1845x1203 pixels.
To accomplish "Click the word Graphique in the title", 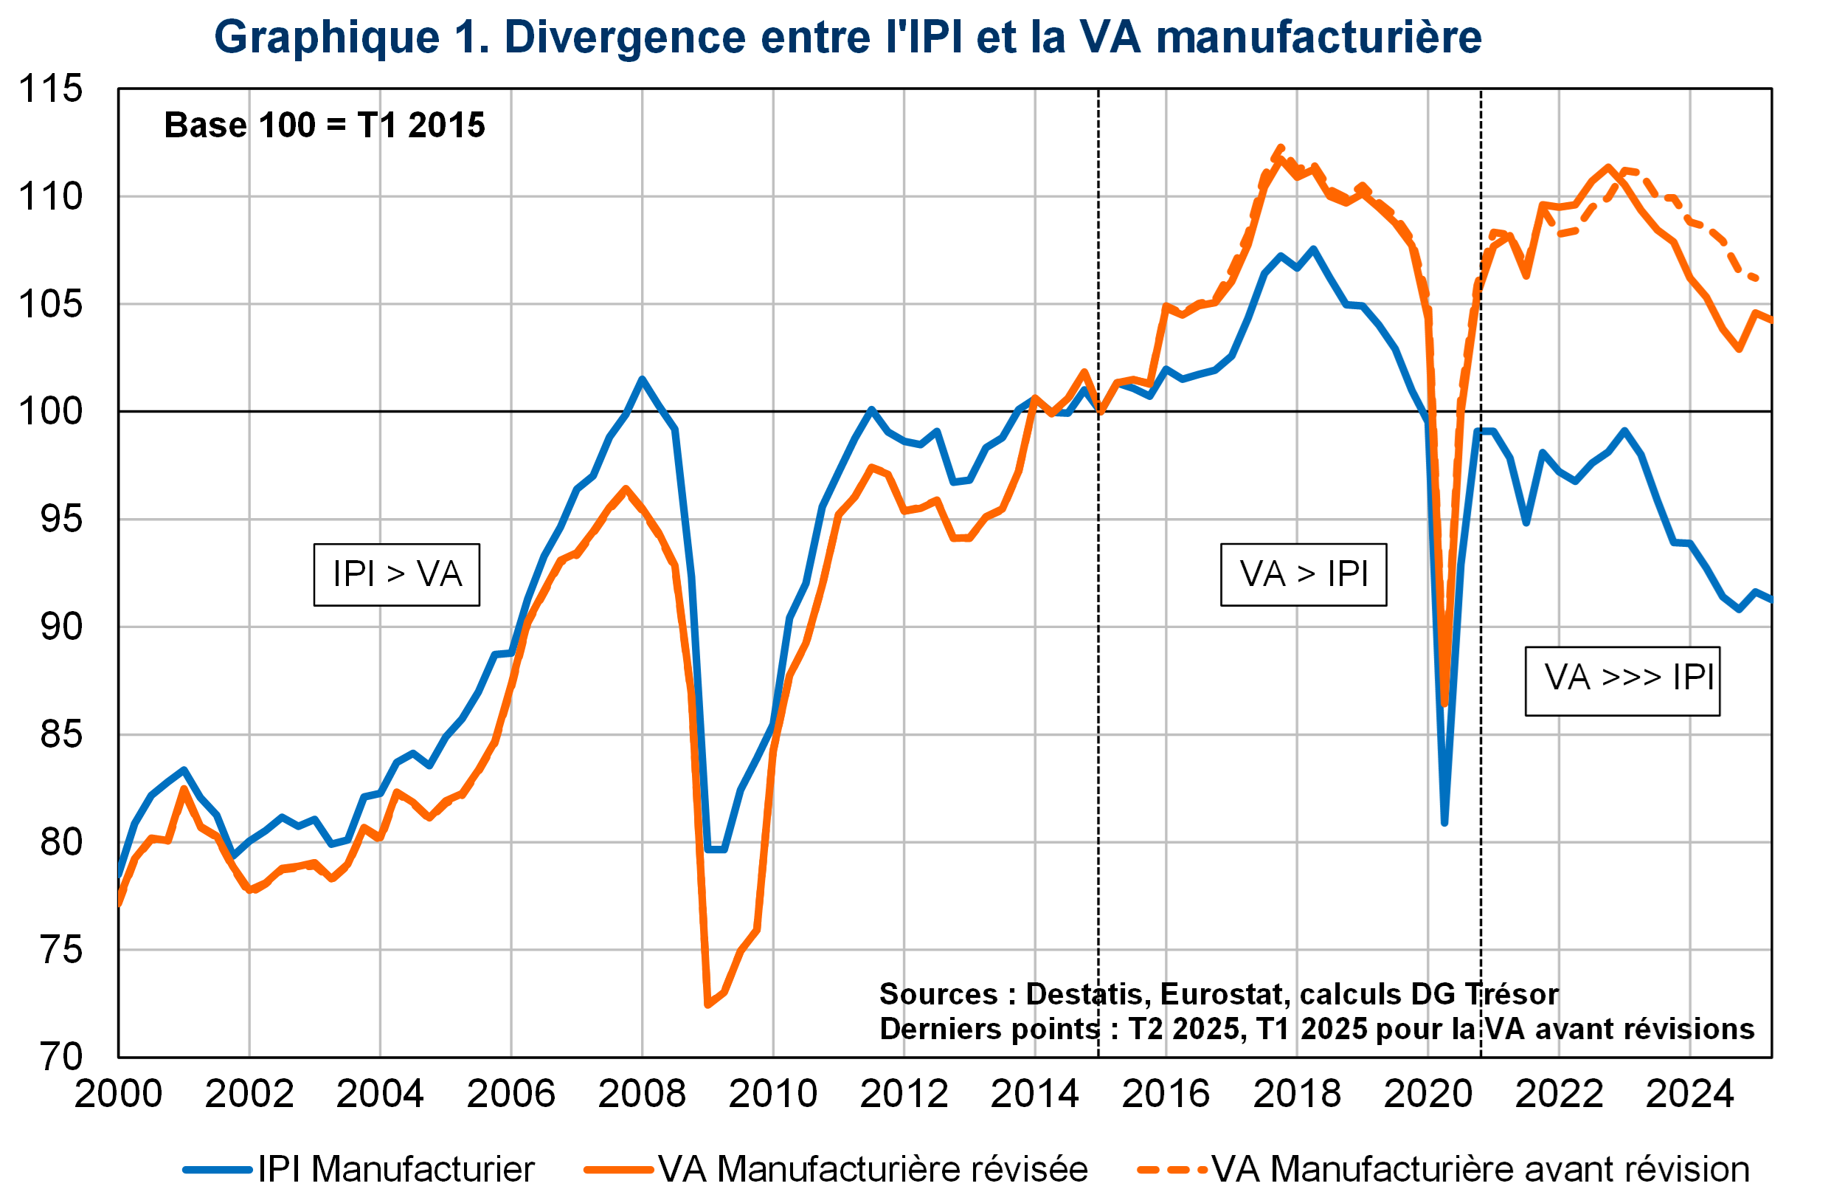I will coord(325,37).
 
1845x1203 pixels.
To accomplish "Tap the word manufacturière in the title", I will coord(1318,37).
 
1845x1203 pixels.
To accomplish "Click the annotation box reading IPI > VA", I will coord(396,575).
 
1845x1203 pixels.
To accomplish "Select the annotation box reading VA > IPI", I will coord(1303,575).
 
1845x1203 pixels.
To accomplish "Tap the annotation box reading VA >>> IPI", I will coord(1621,680).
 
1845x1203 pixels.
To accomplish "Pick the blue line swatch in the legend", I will coord(218,1170).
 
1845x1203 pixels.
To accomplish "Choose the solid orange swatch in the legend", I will coord(619,1170).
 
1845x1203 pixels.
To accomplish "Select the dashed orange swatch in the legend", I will coord(1172,1170).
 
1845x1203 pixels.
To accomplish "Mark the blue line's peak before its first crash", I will coord(643,380).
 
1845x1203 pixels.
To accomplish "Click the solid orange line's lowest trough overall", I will coord(707,1005).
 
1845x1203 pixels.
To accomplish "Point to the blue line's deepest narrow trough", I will coord(1444,822).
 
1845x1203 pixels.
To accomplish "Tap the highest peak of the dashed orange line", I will coord(1281,147).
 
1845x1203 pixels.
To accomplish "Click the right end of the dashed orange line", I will coord(1758,278).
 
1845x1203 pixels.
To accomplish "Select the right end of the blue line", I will coord(1770,599).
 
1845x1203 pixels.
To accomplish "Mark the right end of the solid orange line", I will coord(1770,320).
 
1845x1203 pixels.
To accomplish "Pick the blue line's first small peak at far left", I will coord(184,771).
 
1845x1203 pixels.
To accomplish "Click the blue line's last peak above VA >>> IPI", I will coord(1625,430).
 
